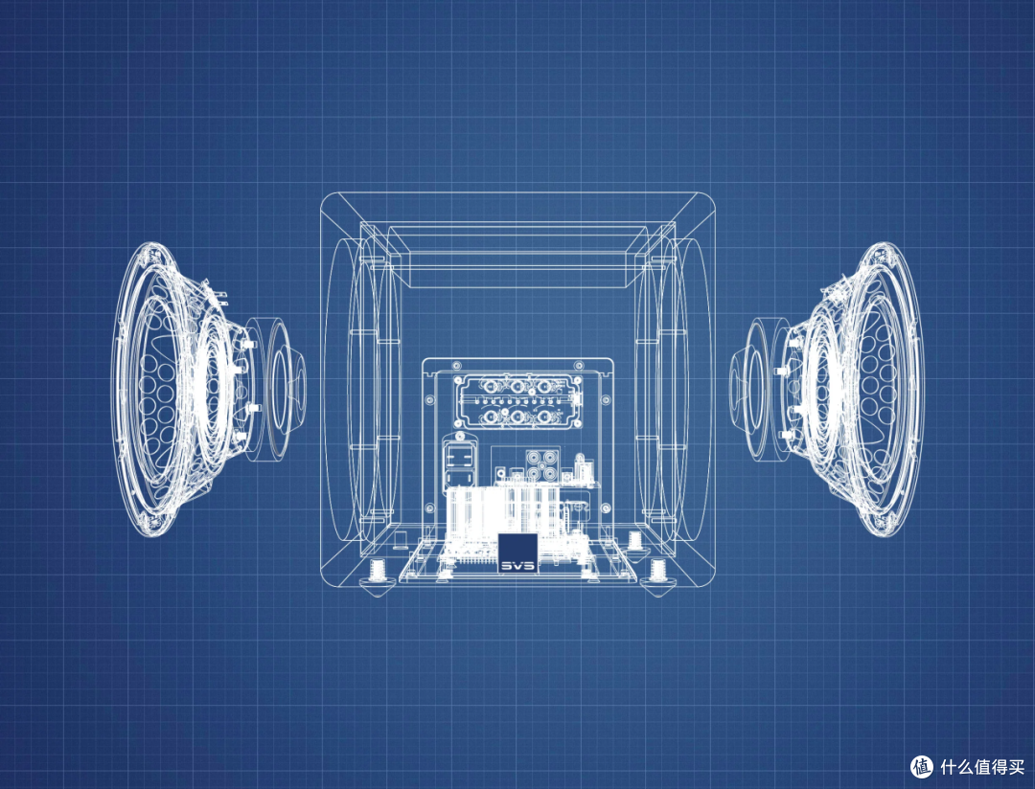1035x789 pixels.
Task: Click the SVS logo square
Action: (517, 552)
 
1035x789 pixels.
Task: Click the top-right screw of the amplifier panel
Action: (579, 365)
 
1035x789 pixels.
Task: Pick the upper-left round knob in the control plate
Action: (490, 386)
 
